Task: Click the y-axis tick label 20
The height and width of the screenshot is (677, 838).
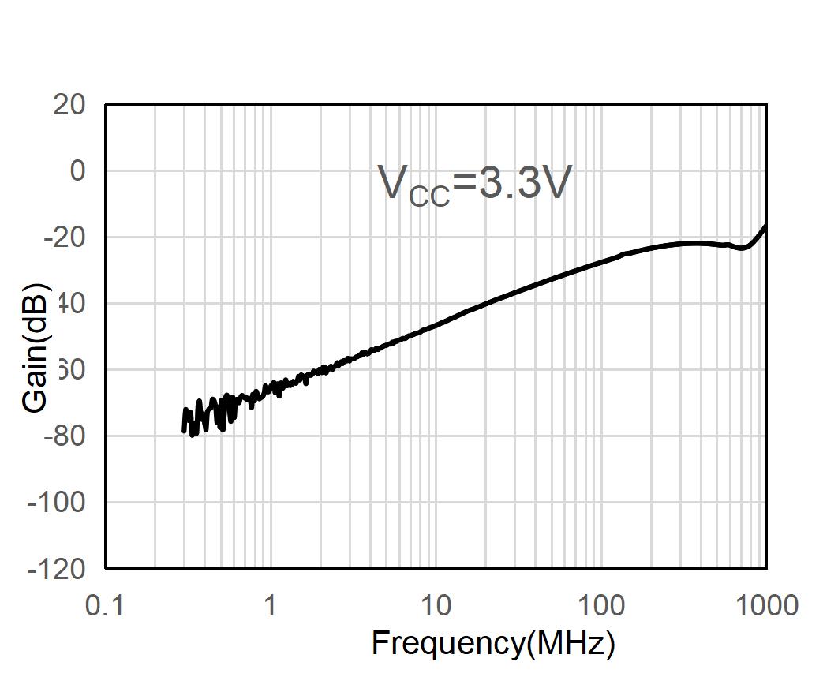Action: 69,104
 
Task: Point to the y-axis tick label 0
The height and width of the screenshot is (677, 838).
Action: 77,170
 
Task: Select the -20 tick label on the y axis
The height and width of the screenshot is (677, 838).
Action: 65,237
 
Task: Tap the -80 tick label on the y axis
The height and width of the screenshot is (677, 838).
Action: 65,436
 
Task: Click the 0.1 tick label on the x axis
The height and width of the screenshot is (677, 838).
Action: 105,606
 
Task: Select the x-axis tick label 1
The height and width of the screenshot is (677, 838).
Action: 271,606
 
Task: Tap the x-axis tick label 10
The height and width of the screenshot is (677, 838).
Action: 436,606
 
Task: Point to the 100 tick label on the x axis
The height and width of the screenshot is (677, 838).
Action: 601,606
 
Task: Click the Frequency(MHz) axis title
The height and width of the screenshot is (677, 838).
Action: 493,644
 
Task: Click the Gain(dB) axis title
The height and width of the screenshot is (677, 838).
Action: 36,347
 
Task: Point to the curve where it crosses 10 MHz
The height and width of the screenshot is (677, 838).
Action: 436,324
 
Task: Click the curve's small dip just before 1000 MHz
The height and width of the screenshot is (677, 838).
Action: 743,248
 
